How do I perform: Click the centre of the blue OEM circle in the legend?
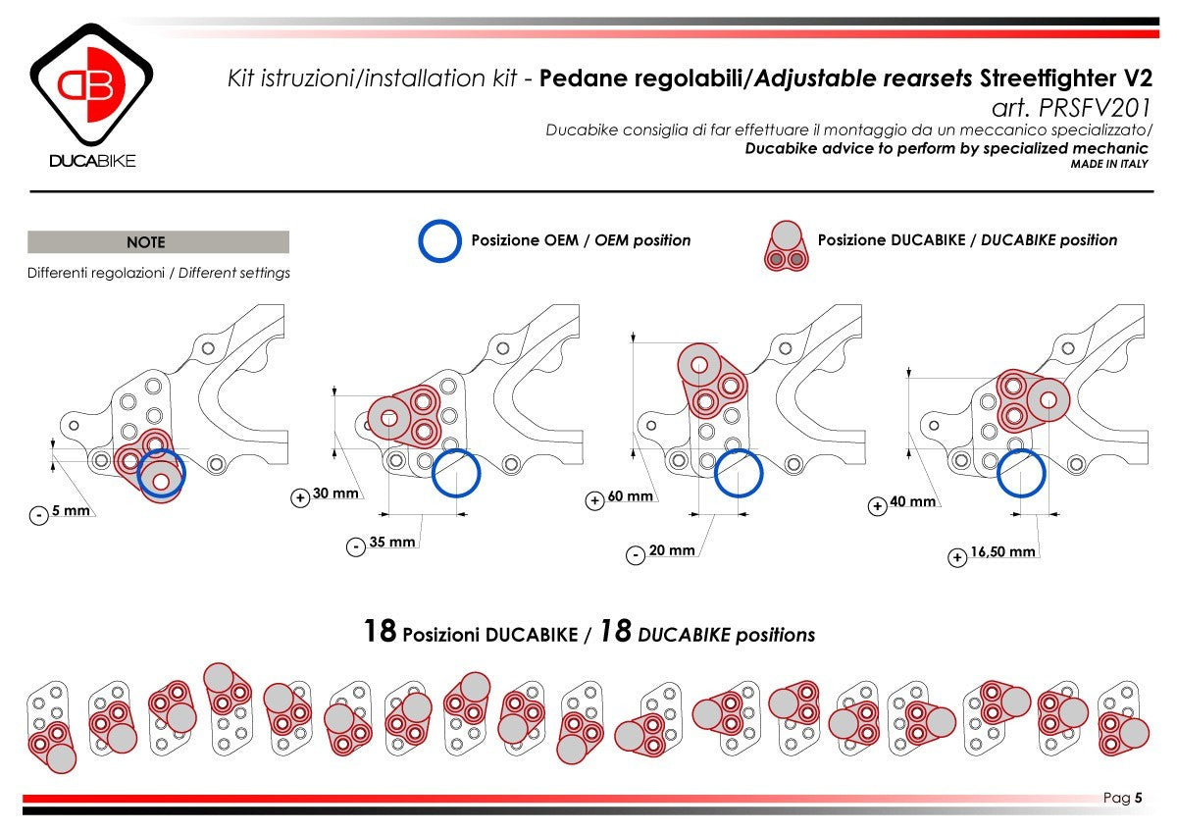tap(439, 240)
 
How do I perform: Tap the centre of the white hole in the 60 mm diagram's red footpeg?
tap(699, 365)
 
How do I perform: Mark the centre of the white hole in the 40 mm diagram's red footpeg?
tap(1049, 400)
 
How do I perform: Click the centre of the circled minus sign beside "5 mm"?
tap(39, 515)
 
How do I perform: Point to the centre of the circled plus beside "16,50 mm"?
tap(957, 557)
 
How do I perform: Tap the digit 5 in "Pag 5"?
tap(1138, 798)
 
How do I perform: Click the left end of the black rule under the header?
tap(30, 191)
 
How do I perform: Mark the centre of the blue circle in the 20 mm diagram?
tap(739, 473)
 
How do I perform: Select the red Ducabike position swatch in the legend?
tap(786, 246)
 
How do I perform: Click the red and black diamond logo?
tap(91, 84)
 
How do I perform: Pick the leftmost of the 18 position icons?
tap(51, 727)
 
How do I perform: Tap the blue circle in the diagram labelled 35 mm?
tap(456, 473)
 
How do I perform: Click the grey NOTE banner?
tap(158, 241)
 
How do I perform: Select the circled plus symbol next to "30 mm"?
tap(300, 497)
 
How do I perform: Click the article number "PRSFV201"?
tap(1095, 108)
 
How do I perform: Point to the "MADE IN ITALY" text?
tap(1109, 164)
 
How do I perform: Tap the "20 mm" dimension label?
tap(672, 550)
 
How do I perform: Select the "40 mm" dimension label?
tap(913, 501)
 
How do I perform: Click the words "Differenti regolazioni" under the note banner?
tap(96, 274)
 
